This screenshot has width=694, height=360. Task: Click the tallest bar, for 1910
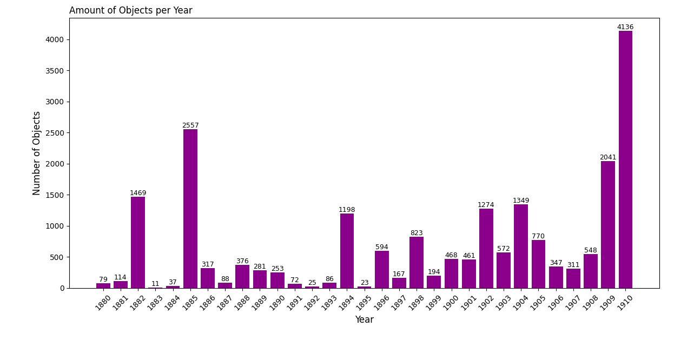tap(625, 159)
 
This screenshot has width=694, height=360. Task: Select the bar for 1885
tap(190, 209)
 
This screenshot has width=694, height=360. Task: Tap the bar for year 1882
tap(138, 242)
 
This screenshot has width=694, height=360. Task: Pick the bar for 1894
tap(347, 251)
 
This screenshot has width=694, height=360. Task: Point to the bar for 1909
tap(608, 224)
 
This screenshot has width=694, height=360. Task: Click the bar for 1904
tap(521, 246)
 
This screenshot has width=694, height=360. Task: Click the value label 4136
tap(625, 27)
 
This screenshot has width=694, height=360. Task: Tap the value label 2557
tap(190, 125)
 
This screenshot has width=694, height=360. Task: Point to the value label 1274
tap(486, 205)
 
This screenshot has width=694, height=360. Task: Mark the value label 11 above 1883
tap(155, 284)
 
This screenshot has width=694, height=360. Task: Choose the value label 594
tap(382, 247)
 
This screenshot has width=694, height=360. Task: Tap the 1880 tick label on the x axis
tap(102, 302)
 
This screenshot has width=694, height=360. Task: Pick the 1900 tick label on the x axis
tap(451, 302)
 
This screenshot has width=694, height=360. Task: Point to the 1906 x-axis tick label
tap(555, 302)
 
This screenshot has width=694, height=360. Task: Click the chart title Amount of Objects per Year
tap(131, 10)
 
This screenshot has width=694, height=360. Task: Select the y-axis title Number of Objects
tap(37, 153)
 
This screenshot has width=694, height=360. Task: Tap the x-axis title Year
tap(364, 320)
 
